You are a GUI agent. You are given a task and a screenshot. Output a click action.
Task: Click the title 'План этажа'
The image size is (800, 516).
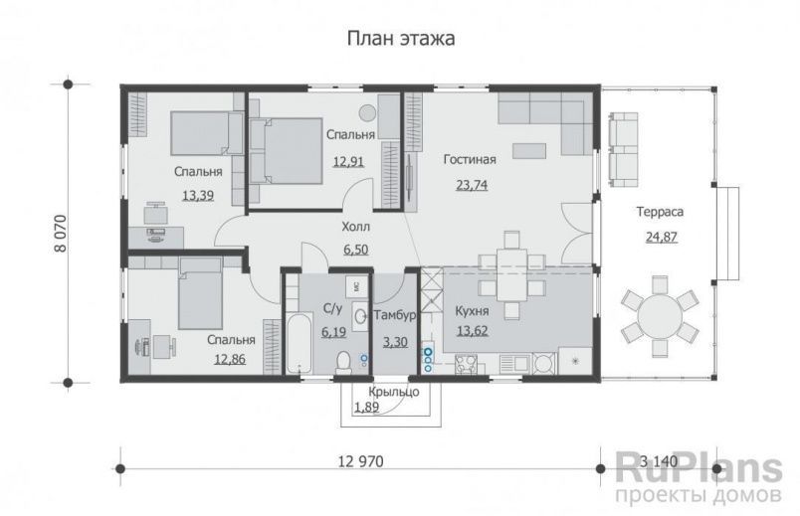[x=400, y=39]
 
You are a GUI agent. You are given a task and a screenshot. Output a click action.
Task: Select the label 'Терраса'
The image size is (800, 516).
[x=659, y=211]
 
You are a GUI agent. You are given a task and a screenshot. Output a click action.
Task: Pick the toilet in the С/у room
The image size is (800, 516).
[x=341, y=362]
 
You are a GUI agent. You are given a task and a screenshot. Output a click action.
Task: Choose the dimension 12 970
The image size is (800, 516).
[x=359, y=460]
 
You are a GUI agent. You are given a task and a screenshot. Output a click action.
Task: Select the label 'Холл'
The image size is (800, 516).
[x=355, y=226]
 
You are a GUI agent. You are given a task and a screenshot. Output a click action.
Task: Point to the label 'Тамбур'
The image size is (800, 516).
[x=394, y=316]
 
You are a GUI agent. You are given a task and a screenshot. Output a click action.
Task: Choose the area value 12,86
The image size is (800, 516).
[x=229, y=361]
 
